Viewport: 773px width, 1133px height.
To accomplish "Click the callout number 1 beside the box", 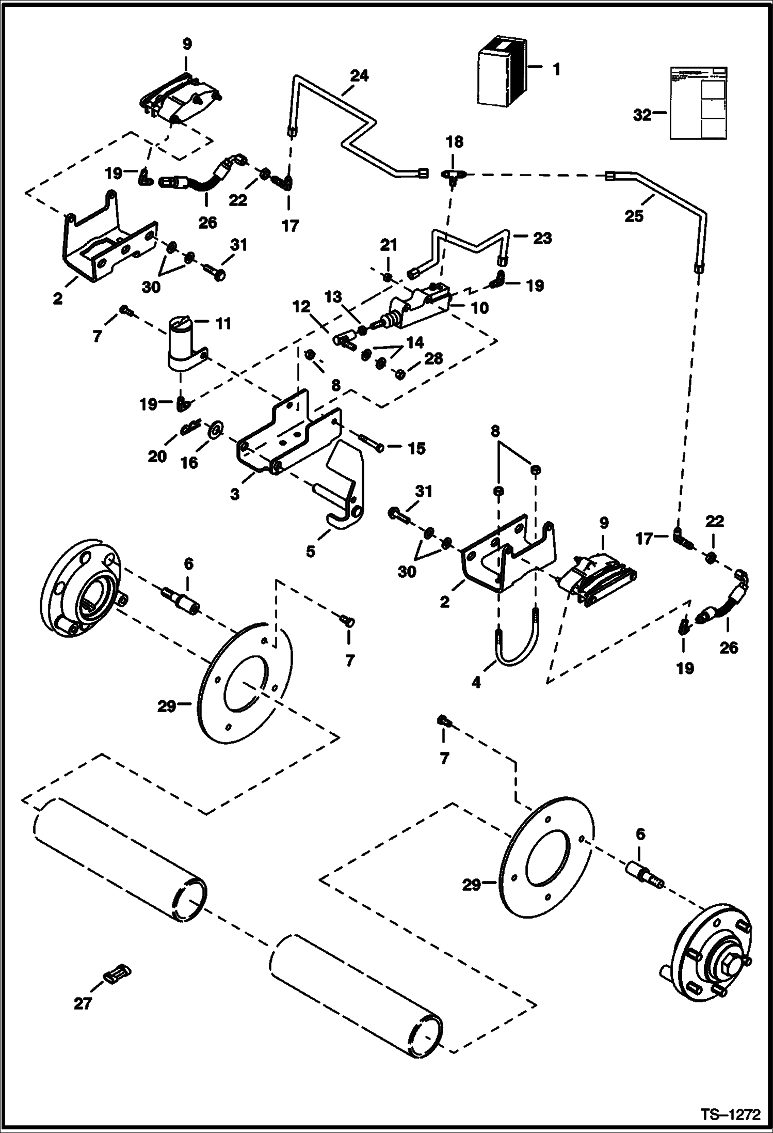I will click(x=556, y=69).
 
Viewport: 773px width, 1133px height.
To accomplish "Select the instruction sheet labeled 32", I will click(x=697, y=103).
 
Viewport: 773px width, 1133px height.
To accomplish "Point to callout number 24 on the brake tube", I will click(x=360, y=76).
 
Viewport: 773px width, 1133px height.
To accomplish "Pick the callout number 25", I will click(x=634, y=216).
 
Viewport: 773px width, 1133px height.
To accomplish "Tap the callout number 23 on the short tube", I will click(x=542, y=239).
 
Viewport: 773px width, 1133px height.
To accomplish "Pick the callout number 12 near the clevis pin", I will click(x=302, y=307).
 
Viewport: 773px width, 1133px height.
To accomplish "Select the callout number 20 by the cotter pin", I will click(x=158, y=456).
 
